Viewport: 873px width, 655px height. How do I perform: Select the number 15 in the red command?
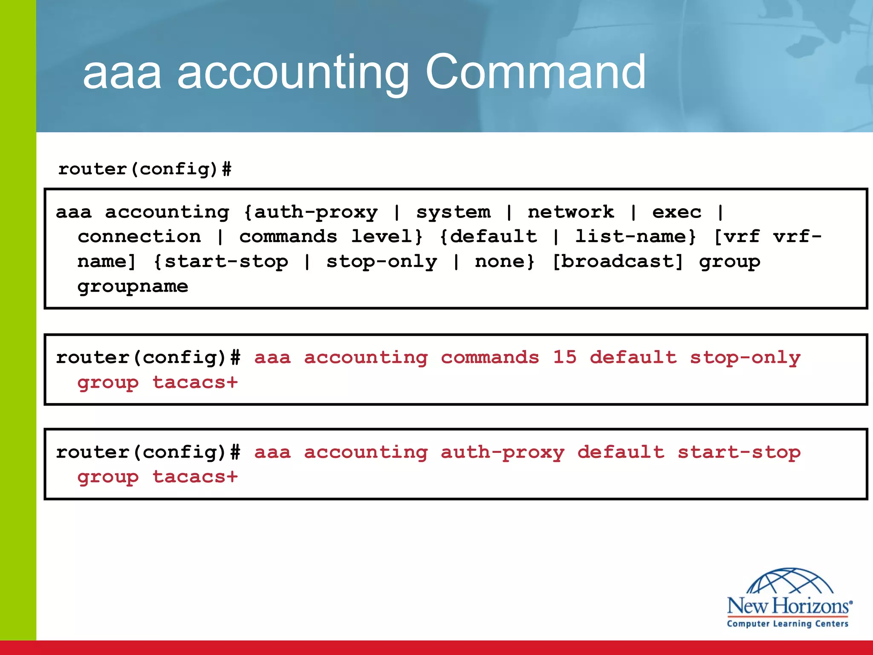click(564, 357)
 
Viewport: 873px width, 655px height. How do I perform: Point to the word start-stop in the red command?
click(739, 452)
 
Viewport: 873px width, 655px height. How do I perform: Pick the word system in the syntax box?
click(453, 212)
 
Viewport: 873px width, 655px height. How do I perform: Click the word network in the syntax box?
click(571, 212)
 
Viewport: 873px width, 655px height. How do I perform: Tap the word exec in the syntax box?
click(676, 212)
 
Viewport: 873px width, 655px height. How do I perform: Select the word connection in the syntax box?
click(139, 236)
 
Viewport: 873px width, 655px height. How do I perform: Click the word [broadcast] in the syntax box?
click(618, 261)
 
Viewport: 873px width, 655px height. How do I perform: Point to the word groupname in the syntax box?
click(133, 287)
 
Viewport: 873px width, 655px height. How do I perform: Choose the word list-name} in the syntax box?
click(636, 236)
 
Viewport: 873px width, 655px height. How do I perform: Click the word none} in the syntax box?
click(505, 261)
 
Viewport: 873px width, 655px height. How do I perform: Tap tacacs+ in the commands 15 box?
click(195, 383)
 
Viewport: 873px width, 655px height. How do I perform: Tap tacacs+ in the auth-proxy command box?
click(195, 477)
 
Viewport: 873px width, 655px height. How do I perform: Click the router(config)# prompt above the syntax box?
click(145, 169)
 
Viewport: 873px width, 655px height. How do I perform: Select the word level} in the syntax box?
click(387, 236)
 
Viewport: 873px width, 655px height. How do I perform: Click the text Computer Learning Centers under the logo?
click(787, 623)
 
